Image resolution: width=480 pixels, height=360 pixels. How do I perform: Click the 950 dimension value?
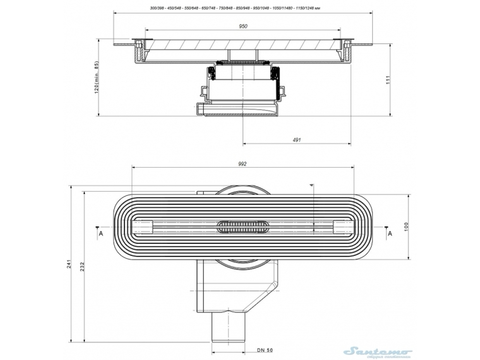243,26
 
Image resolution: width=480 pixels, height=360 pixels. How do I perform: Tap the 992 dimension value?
242,164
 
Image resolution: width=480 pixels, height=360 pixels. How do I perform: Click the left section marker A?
100,233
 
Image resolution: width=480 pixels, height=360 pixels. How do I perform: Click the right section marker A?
390,233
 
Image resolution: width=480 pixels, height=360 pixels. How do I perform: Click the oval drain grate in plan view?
243,227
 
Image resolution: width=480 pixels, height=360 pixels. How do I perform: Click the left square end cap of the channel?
143,227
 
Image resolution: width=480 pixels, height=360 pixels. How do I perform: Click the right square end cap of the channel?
343,227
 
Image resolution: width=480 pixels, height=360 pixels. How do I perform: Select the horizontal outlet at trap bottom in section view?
238,110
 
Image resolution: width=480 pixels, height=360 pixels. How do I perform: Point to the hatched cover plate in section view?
243,45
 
